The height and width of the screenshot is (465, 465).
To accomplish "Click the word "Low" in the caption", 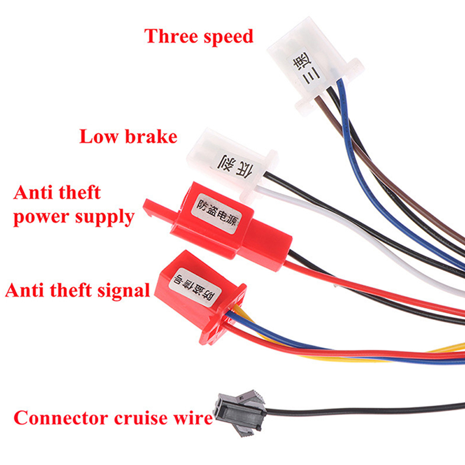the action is tap(99, 136).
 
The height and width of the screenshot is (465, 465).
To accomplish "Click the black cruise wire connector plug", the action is tap(240, 413).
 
